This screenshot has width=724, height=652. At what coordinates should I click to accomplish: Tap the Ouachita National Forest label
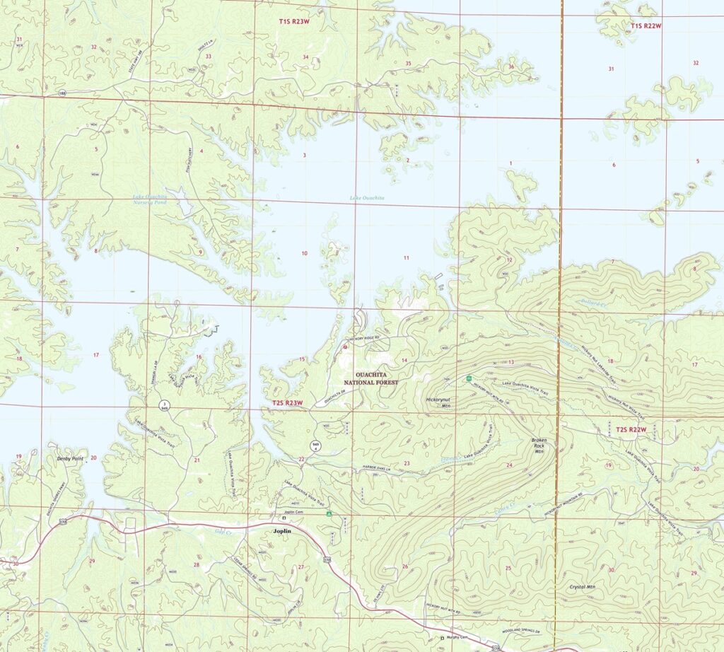click(x=368, y=376)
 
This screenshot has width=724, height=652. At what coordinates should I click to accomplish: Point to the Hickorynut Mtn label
click(x=439, y=402)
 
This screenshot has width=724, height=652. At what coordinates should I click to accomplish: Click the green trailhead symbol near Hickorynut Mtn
click(x=469, y=379)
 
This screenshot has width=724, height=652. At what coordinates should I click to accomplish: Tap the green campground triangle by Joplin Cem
click(x=328, y=516)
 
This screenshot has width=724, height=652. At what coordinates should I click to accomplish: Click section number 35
click(x=408, y=64)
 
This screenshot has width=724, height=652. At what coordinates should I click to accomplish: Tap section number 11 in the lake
click(x=407, y=257)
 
